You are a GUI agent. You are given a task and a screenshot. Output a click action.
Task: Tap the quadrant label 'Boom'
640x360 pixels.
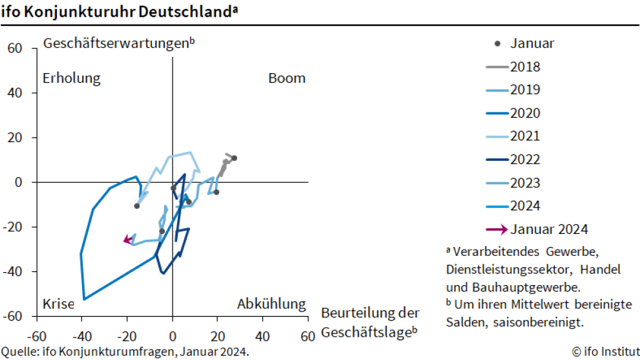(x=286, y=78)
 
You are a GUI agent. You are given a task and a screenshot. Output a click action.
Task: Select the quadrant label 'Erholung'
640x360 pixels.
(x=71, y=78)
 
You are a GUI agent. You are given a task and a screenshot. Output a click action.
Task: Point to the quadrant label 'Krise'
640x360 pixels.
(x=59, y=304)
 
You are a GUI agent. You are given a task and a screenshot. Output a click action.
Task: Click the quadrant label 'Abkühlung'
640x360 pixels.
(x=271, y=304)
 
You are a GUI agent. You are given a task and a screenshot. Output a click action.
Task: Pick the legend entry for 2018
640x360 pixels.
(x=524, y=67)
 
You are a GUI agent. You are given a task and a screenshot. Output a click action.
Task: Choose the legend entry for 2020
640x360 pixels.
(x=524, y=113)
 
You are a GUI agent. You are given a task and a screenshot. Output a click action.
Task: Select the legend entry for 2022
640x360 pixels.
(x=524, y=160)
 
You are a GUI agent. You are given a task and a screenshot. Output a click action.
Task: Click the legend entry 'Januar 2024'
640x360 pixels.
(x=549, y=229)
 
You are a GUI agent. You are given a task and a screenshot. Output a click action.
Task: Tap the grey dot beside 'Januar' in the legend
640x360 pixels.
(x=497, y=44)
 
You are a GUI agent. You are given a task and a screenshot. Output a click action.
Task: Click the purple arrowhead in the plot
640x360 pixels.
(x=127, y=240)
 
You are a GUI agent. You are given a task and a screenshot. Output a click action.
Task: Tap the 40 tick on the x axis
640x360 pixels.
(x=262, y=336)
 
